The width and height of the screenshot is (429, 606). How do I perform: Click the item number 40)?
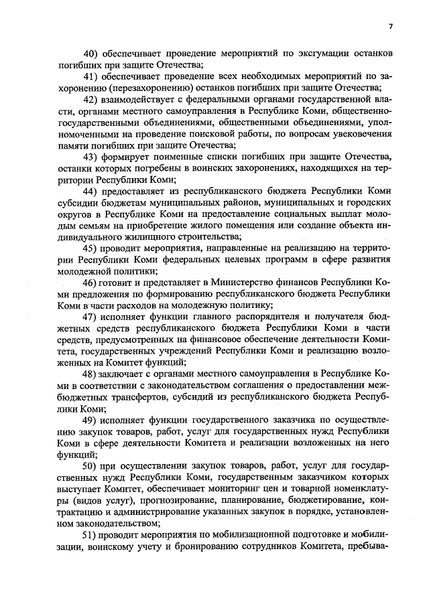coord(91,53)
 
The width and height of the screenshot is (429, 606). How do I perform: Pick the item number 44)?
coord(91,192)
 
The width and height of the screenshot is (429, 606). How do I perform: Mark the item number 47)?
coord(91,316)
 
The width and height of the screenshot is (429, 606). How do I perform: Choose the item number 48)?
coord(91,373)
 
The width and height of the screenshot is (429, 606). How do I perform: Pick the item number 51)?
coord(91,535)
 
